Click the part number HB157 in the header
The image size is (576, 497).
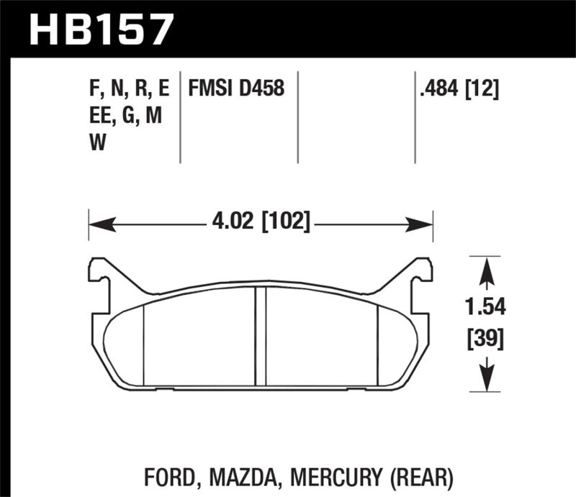[101, 29]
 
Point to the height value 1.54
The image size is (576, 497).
[487, 308]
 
